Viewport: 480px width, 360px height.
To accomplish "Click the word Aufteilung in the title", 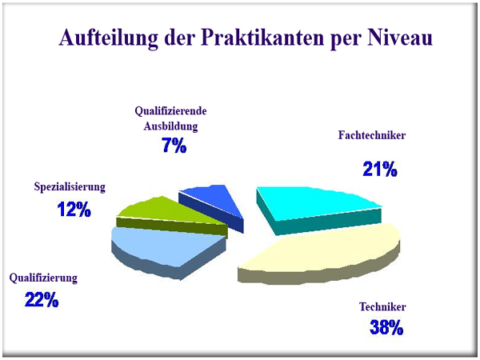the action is tap(109, 38).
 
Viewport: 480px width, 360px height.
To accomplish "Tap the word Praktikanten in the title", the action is tap(262, 38).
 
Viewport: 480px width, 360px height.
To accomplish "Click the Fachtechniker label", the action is tap(372, 135).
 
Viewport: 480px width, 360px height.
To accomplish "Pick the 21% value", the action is tap(380, 169).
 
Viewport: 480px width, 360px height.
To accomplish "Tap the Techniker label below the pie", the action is tap(382, 306).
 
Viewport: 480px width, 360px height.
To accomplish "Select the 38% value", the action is tap(386, 327).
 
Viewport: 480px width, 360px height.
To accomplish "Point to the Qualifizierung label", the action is tap(43, 278).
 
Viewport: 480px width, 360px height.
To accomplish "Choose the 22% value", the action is tap(42, 300).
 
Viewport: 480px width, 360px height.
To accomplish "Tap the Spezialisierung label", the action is tap(70, 186).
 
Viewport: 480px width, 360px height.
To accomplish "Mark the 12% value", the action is tap(74, 210).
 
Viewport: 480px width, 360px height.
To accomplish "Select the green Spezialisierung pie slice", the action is tap(171, 214).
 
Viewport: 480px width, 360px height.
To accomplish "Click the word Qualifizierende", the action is tap(171, 111).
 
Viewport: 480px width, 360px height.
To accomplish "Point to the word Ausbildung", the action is tap(171, 126).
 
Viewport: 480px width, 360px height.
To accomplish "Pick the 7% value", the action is tap(174, 145).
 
